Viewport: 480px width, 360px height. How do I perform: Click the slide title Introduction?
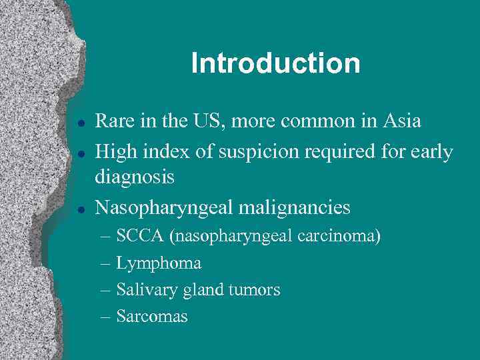[275, 64]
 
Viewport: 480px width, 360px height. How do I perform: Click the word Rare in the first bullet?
[112, 121]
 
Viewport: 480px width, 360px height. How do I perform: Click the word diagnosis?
[135, 177]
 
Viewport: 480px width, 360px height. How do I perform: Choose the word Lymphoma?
[159, 263]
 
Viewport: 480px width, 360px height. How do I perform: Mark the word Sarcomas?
[152, 317]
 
